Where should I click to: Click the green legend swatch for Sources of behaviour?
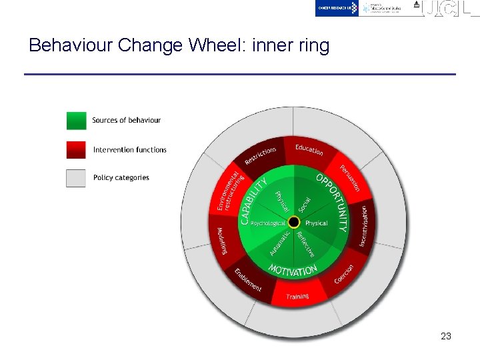coord(77,121)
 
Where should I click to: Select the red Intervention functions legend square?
coord(77,149)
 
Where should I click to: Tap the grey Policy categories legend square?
coord(77,178)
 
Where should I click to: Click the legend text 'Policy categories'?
coord(121,178)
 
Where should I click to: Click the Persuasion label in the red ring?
coord(350,177)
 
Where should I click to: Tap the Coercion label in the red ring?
coord(344,273)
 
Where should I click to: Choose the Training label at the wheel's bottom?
coord(297,296)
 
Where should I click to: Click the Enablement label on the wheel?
coord(247,279)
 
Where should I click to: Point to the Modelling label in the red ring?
coord(222,241)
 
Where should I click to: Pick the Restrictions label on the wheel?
coord(260,155)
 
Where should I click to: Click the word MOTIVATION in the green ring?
coord(293,270)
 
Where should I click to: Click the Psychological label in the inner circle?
coord(268,223)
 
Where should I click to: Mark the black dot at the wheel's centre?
coord(293,222)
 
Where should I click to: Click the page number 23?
coord(446,336)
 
